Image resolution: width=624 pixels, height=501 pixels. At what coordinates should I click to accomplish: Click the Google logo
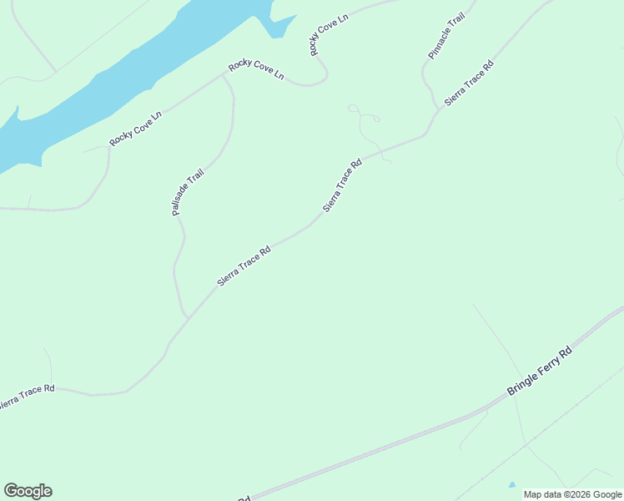(28, 491)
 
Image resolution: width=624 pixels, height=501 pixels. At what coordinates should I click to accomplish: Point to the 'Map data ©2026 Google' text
(572, 494)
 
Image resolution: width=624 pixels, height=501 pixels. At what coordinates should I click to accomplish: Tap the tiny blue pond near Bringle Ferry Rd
(511, 484)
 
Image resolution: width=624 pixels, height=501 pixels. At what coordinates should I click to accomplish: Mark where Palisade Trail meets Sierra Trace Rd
(188, 318)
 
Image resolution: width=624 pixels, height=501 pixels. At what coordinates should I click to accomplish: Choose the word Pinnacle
(435, 47)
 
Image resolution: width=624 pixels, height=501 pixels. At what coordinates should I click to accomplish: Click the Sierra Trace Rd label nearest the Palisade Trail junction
(244, 266)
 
